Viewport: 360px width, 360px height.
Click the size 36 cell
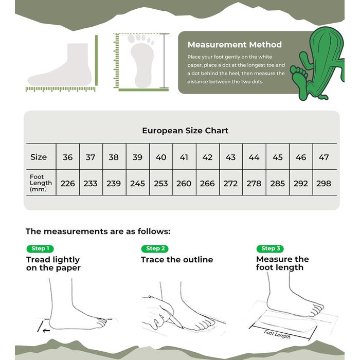coord(68,157)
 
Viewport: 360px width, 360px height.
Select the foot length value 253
coord(160,184)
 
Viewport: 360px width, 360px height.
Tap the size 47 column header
coord(323,157)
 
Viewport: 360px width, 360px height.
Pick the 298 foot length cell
coord(323,184)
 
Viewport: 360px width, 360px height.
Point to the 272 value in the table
coord(230,184)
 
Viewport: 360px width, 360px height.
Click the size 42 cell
coord(207,157)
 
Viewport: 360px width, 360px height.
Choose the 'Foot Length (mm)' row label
coord(41,183)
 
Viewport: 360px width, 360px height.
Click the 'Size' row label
coord(39,157)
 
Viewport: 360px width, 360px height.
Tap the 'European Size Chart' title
coord(185,131)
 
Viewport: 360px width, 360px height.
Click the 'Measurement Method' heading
coord(235,45)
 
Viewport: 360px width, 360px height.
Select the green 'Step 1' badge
coord(40,248)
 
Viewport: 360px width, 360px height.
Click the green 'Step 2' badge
coord(155,248)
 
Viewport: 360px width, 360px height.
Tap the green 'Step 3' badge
coord(270,248)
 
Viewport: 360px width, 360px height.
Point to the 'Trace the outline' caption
coord(177,260)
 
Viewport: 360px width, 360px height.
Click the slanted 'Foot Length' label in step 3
coord(277,334)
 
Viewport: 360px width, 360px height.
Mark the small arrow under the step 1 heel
coord(46,331)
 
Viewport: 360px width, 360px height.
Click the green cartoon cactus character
coord(319,64)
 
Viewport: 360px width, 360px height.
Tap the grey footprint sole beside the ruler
coord(141,61)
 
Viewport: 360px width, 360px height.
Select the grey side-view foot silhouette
coord(60,66)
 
